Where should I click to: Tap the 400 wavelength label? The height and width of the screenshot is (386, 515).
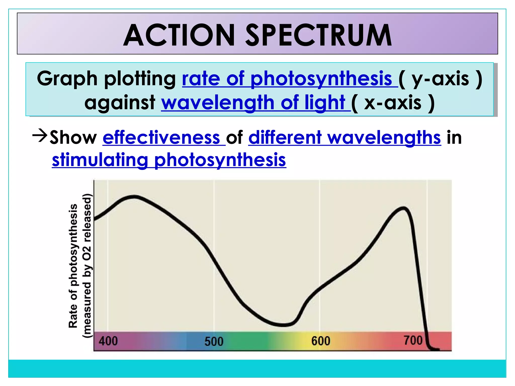[108, 341]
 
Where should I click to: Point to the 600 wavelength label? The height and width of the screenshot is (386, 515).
[321, 341]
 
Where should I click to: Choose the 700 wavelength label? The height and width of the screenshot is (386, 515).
[413, 341]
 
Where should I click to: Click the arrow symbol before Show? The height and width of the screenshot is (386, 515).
[40, 136]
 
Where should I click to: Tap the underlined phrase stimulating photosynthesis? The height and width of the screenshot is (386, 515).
[169, 160]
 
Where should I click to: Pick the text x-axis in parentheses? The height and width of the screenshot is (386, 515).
[393, 103]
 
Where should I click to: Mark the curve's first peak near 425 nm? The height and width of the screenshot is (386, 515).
[134, 196]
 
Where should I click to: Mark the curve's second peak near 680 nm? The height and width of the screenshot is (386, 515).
[404, 208]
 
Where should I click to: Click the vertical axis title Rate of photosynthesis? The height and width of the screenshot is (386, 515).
[73, 266]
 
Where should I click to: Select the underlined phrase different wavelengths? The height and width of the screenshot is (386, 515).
[345, 138]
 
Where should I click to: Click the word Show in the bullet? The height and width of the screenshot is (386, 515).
[73, 138]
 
